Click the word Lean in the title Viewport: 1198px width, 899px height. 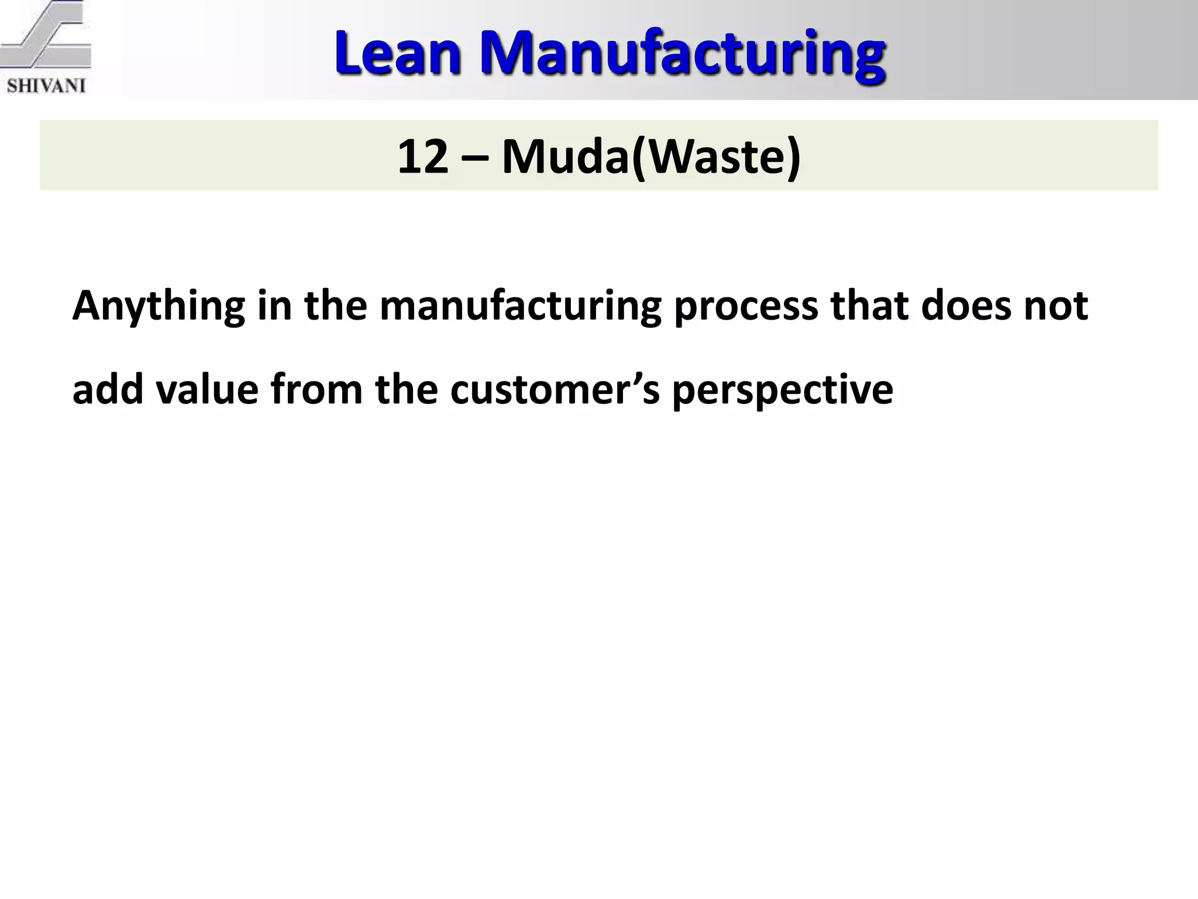pos(398,54)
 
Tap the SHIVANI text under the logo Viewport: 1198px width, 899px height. pos(46,86)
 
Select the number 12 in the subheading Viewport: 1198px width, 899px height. pos(422,157)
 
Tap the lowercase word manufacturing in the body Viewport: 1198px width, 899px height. pos(520,306)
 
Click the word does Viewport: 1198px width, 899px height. pos(966,306)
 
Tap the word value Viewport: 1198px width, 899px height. pos(207,390)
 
